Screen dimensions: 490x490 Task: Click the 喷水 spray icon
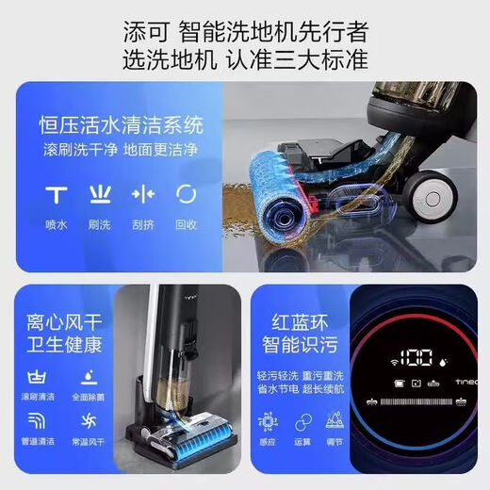[55, 194]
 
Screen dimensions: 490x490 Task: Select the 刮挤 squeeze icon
[142, 194]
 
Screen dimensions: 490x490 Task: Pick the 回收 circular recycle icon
[186, 194]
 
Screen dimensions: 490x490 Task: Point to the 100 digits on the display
[415, 359]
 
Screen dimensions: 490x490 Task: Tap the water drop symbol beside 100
[443, 360]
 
